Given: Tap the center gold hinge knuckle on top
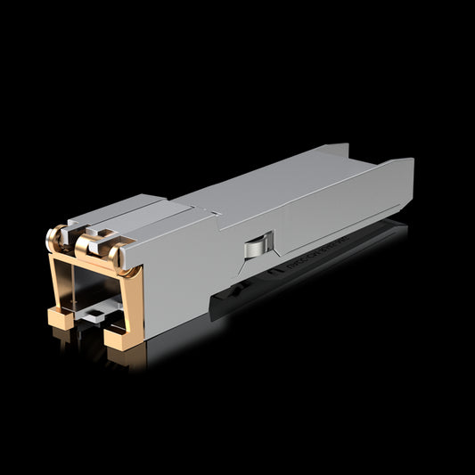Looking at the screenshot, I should click(87, 242).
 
